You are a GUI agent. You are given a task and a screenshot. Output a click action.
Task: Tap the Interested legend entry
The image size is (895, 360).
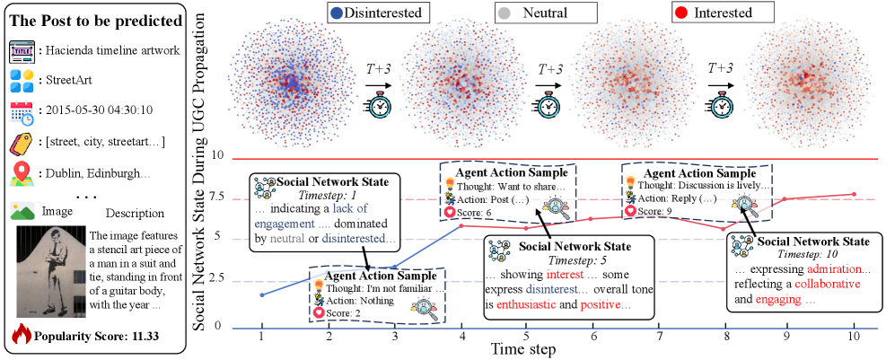723,13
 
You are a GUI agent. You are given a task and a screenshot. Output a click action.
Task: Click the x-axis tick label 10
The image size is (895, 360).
853,336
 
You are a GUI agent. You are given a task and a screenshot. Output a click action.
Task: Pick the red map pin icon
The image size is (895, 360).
22,172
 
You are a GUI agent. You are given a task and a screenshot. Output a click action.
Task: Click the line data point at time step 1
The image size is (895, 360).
261,294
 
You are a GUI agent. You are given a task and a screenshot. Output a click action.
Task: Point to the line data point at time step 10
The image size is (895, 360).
853,194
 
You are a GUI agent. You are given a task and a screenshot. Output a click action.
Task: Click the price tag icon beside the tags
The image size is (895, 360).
22,143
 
